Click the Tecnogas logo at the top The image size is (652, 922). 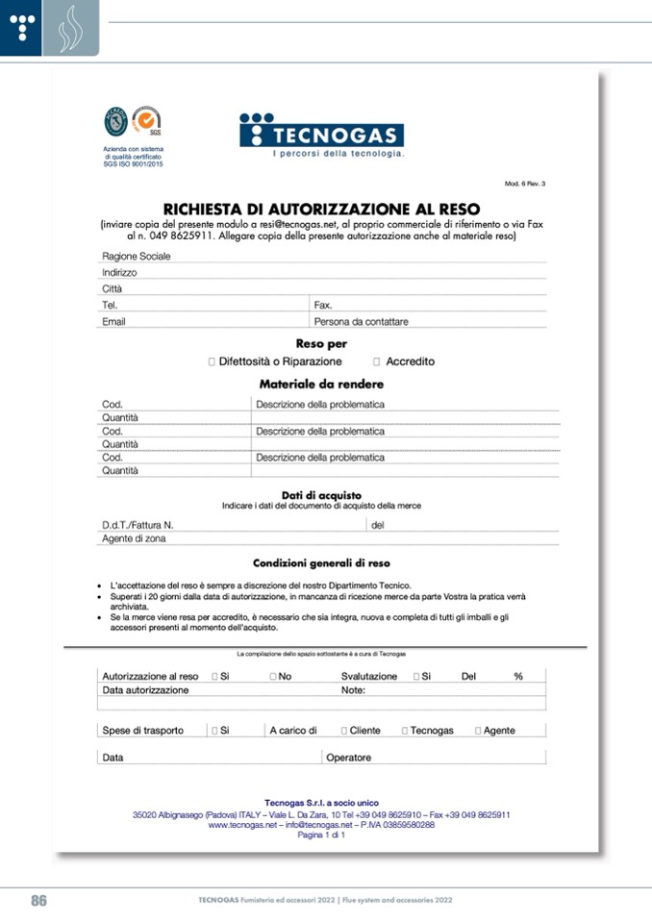(x=321, y=135)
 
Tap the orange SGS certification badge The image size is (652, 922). (x=146, y=121)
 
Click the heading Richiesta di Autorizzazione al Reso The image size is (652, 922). (x=321, y=208)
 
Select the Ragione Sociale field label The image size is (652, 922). (x=136, y=257)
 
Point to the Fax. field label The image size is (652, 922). (x=323, y=305)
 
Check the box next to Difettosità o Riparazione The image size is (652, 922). (x=212, y=362)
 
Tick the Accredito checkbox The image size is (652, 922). (x=377, y=362)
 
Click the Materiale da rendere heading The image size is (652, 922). (x=321, y=384)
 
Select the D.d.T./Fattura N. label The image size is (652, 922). (x=138, y=526)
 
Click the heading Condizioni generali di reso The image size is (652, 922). (x=321, y=563)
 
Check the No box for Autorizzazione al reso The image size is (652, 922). (x=273, y=677)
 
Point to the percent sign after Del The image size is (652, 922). (x=517, y=677)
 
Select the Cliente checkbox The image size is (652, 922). (x=344, y=731)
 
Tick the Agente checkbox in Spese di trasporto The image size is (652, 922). (x=478, y=731)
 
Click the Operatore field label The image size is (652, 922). (x=348, y=758)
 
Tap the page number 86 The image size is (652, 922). (x=38, y=901)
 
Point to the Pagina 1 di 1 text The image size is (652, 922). (x=321, y=835)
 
